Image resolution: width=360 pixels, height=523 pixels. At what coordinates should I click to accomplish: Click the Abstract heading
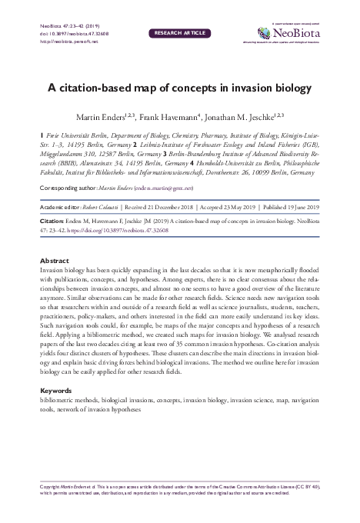[54, 260]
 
